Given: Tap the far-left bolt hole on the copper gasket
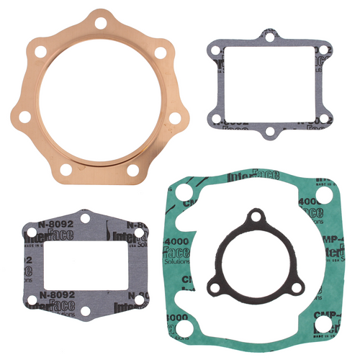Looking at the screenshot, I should coord(24,116).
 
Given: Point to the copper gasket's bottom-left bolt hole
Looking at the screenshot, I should coord(66,170).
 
